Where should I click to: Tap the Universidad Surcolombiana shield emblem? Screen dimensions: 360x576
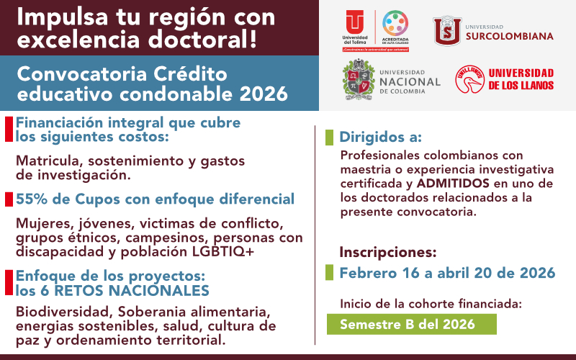(446, 30)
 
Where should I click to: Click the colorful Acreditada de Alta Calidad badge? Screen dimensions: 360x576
(395, 27)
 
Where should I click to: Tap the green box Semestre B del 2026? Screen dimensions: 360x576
(407, 324)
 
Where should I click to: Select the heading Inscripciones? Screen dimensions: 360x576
(388, 252)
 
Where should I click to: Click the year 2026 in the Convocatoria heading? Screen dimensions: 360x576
(262, 94)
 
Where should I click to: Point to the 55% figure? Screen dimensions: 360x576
(31, 199)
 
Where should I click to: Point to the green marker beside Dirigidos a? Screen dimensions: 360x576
(330, 137)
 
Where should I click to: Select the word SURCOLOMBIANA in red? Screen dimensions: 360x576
(509, 36)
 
